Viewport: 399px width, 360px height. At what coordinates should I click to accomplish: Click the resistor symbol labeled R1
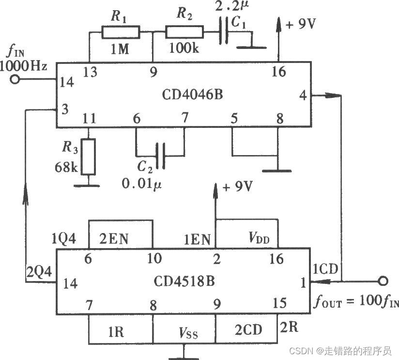[121, 32]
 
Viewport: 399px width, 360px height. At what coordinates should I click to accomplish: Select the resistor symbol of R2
[184, 32]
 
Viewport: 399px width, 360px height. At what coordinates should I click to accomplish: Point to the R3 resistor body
[89, 157]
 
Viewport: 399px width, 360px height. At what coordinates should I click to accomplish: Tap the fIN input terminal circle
[16, 80]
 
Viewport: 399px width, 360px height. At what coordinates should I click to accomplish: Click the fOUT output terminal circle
[383, 281]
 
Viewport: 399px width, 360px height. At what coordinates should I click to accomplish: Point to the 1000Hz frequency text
[24, 66]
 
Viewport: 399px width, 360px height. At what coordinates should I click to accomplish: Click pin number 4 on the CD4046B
[303, 95]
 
